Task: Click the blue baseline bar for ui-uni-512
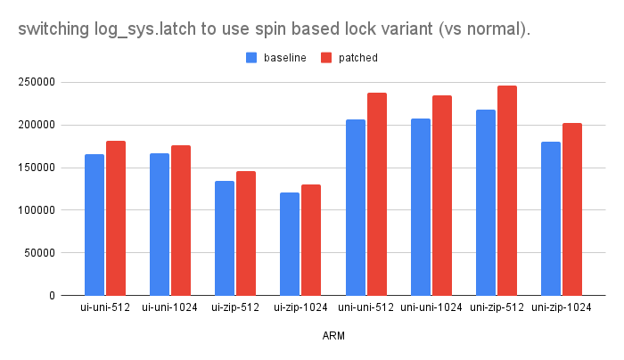94,225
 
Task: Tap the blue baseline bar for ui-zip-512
225,238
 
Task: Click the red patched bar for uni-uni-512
376,194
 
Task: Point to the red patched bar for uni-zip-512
506,191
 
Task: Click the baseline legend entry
284,58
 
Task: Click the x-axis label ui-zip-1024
300,308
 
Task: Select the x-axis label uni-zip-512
496,308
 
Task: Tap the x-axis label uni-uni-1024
431,308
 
